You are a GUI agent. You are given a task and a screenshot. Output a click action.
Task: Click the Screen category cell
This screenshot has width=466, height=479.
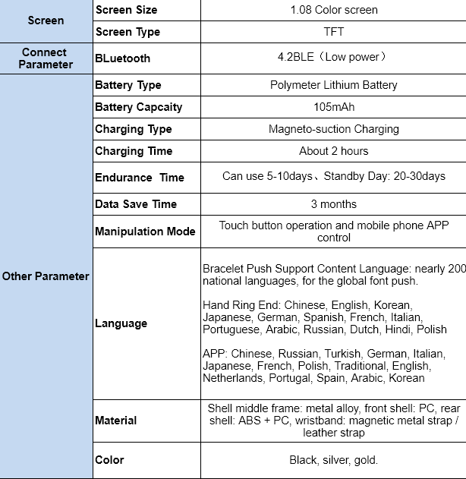click(x=46, y=20)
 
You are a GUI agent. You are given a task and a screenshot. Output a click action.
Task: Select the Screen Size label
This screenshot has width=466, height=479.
click(x=126, y=10)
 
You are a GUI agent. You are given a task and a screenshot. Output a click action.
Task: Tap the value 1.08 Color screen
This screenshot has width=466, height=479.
click(x=333, y=10)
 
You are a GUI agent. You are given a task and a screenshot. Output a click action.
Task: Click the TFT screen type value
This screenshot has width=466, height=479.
click(x=333, y=32)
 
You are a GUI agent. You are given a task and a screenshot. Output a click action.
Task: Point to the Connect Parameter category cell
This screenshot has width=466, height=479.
click(x=46, y=58)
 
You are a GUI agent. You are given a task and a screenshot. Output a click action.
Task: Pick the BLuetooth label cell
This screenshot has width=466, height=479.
click(x=122, y=58)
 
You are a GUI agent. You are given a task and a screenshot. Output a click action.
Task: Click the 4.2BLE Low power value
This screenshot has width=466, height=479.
click(x=333, y=57)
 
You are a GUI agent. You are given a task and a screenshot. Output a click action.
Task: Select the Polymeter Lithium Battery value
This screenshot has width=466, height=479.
click(x=333, y=85)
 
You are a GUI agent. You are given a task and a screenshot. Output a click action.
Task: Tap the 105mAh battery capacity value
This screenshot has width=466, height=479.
click(x=333, y=107)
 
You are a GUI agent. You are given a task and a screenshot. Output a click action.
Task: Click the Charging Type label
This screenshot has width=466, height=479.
click(x=134, y=129)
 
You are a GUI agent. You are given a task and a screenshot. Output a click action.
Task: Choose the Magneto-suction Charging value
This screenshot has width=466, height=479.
click(x=333, y=129)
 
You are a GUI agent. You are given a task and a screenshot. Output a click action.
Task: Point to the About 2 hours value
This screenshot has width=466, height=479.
click(x=333, y=151)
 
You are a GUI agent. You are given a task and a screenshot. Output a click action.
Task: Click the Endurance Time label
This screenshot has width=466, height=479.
click(x=140, y=178)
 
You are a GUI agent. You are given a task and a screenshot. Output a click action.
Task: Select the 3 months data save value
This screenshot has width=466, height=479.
click(x=333, y=204)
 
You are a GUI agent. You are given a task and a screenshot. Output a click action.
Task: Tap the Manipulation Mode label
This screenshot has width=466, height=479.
click(x=145, y=232)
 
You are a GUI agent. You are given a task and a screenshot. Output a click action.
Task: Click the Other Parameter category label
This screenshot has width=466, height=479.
click(x=46, y=276)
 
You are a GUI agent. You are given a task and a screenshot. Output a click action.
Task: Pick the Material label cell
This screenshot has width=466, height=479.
click(x=116, y=421)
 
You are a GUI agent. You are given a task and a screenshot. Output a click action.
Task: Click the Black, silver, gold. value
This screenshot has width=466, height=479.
click(x=333, y=460)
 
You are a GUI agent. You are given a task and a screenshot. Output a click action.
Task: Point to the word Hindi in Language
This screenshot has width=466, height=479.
click(x=396, y=329)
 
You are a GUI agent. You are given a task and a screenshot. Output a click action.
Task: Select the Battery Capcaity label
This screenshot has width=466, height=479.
click(x=138, y=107)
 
